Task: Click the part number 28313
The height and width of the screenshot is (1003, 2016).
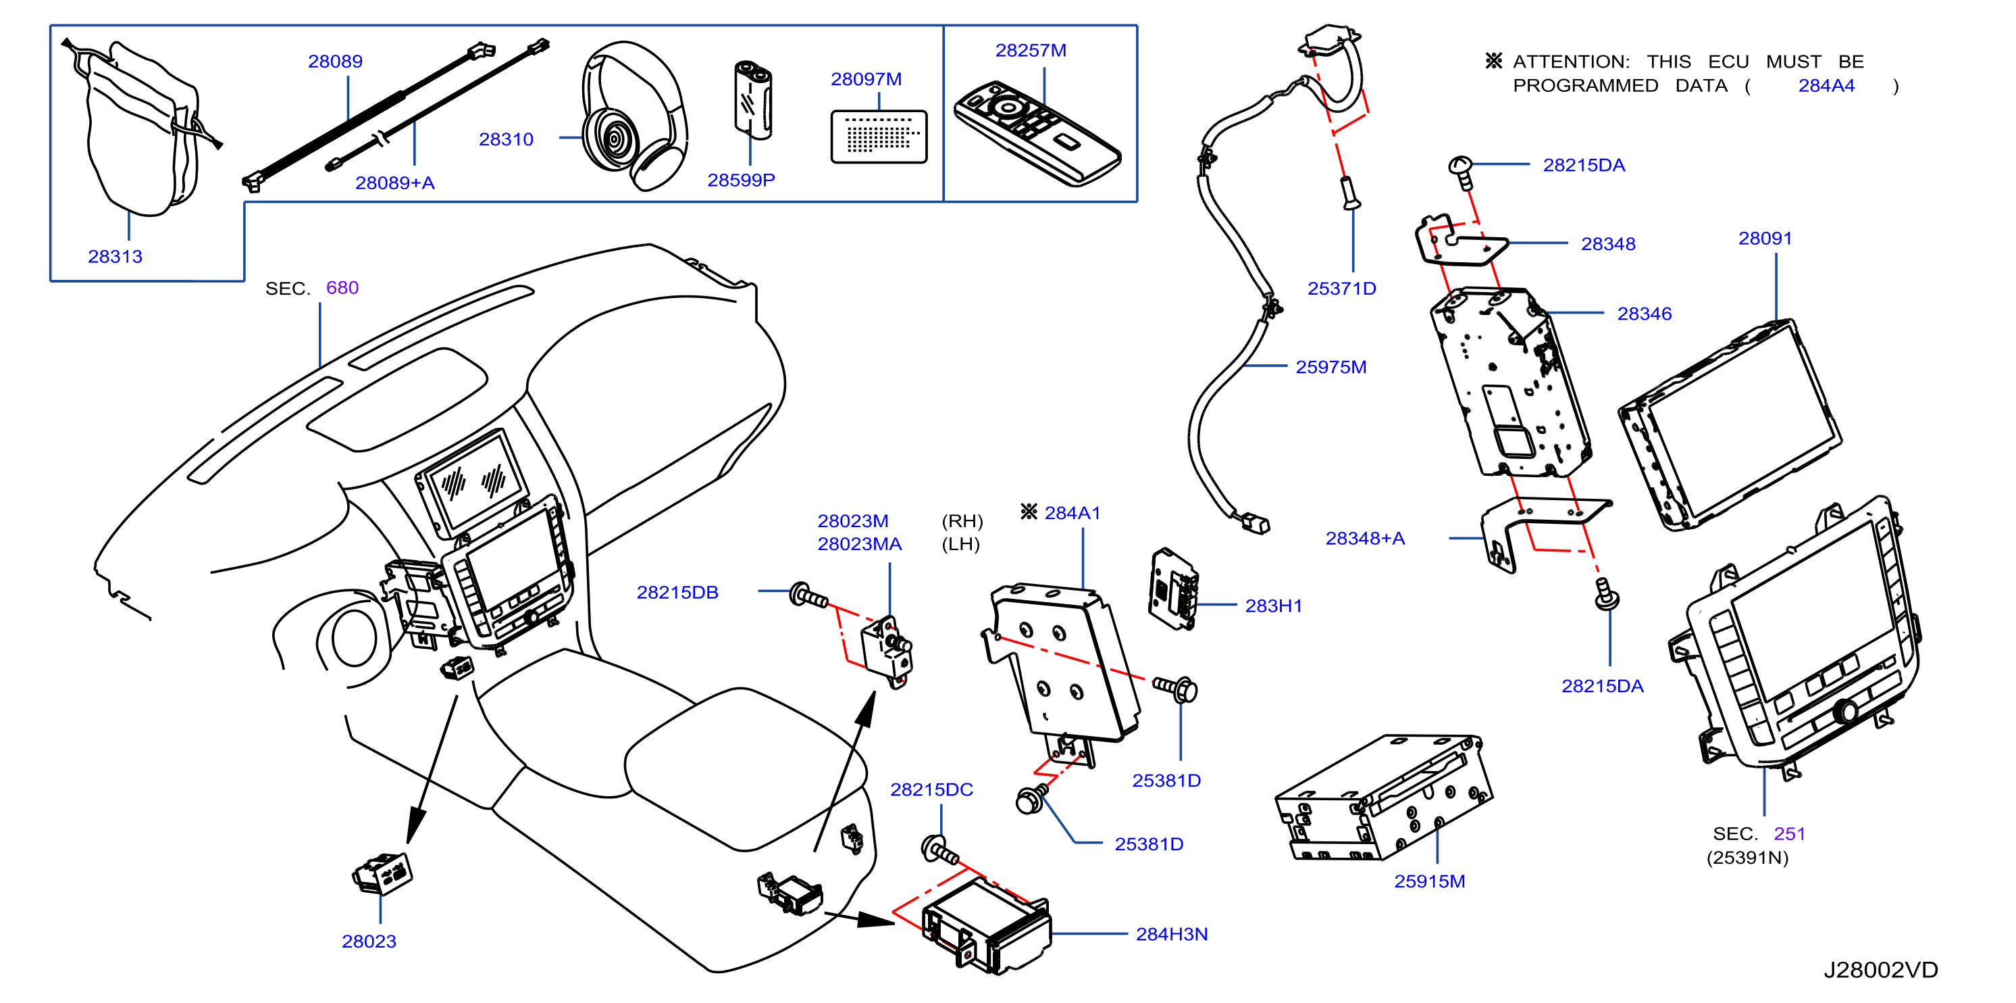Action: (115, 256)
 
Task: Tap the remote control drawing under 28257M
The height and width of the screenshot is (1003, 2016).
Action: (1037, 133)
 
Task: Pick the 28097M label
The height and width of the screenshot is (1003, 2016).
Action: (866, 79)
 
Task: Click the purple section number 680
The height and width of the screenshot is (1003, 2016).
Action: (342, 287)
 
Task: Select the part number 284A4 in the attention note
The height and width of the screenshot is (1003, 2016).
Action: (1826, 85)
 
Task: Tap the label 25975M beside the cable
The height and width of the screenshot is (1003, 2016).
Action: (1330, 366)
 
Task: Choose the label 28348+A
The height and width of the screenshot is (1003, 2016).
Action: (1365, 538)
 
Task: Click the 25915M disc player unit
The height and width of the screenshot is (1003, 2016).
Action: (1384, 797)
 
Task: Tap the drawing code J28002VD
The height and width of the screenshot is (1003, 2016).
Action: (1881, 969)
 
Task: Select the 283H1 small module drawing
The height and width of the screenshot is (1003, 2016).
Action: (1173, 588)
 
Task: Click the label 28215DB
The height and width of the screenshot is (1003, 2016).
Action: (677, 592)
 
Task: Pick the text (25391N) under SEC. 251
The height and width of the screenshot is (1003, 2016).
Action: (1748, 858)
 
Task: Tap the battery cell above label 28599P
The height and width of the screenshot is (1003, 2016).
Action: (752, 99)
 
